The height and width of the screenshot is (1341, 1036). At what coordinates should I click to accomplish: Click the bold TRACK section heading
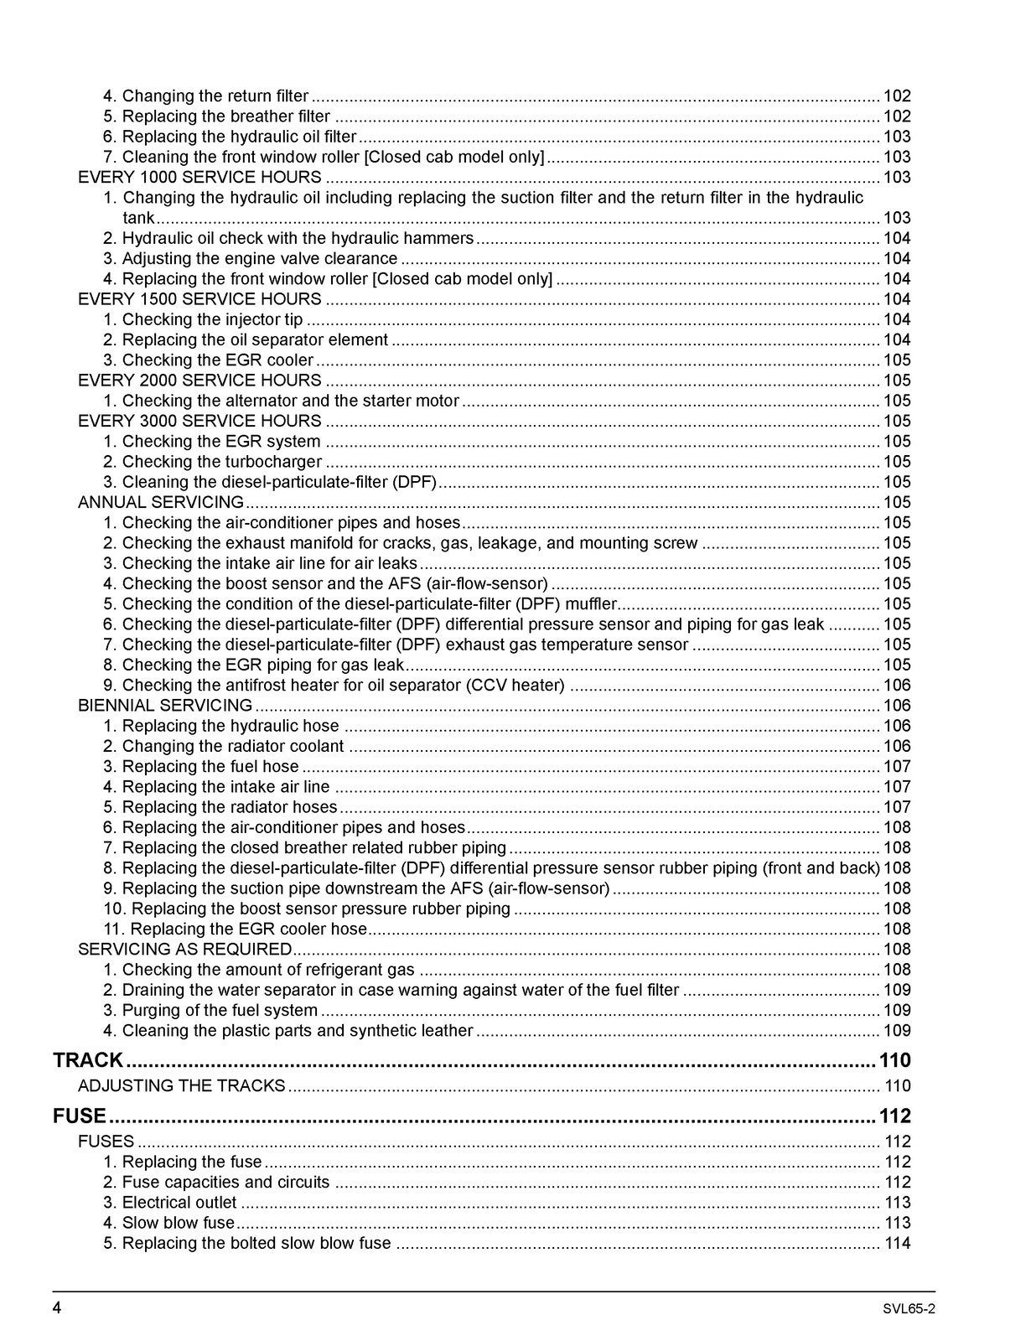(88, 1060)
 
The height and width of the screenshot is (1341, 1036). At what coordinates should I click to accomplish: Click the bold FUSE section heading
(80, 1116)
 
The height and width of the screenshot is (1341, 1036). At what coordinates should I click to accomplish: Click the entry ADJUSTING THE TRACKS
(181, 1086)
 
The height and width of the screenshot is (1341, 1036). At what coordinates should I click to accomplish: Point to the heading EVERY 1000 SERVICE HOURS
(199, 178)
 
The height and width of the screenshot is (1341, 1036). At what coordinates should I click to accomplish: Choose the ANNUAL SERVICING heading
(160, 503)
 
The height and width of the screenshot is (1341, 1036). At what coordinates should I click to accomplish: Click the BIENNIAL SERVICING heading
(165, 706)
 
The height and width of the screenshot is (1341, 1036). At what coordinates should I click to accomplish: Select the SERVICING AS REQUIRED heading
(184, 950)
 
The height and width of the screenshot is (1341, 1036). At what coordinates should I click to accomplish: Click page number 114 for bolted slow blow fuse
(897, 1244)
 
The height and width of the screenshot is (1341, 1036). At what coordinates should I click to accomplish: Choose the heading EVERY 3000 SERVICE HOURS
(199, 422)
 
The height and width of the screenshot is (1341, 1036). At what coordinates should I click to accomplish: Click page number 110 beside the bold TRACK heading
(894, 1060)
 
